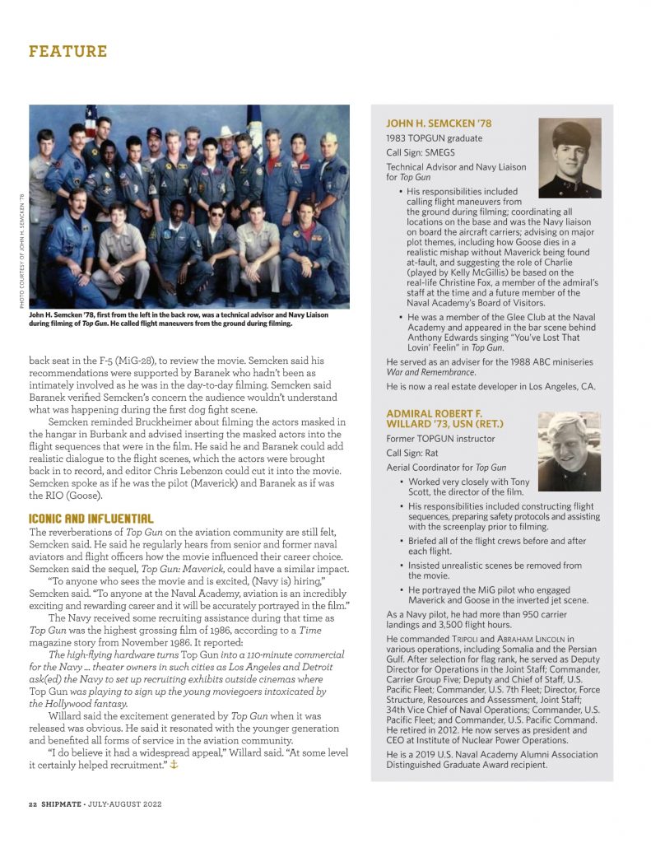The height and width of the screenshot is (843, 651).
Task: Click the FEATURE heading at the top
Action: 68,51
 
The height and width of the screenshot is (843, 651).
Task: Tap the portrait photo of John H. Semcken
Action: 570,158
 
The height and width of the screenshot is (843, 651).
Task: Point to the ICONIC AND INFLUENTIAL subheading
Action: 91,519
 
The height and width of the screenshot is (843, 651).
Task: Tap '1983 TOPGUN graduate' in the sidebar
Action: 434,138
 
